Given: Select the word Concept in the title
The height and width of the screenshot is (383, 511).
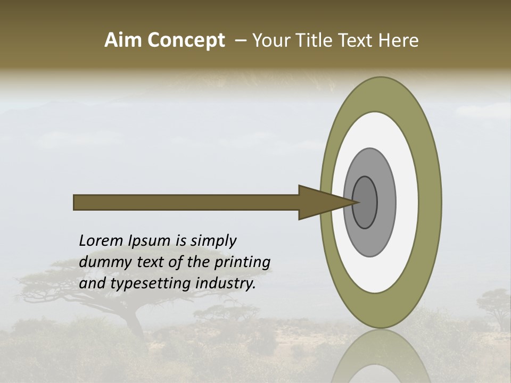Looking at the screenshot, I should click(x=186, y=40).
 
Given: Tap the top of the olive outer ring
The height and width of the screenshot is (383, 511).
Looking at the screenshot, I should click(x=381, y=93).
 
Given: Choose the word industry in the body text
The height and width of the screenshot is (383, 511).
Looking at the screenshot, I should click(x=226, y=284).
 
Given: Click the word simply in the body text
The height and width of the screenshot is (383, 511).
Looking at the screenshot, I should click(x=213, y=242).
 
